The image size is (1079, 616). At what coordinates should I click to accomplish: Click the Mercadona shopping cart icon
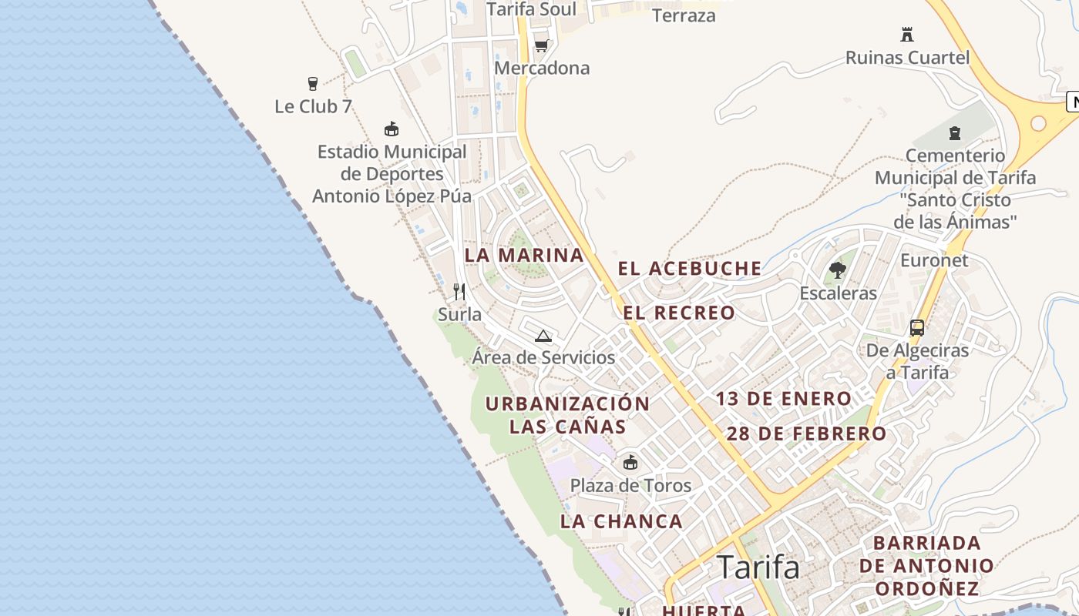[x=541, y=46]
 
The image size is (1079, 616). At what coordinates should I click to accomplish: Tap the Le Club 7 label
[x=313, y=106]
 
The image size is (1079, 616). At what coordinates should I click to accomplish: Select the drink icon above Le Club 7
[x=313, y=83]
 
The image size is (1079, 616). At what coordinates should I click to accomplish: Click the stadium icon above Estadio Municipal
[x=392, y=129]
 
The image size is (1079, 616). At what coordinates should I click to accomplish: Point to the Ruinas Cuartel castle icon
[x=907, y=35]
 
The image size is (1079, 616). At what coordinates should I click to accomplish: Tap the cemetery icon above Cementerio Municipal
[x=955, y=133]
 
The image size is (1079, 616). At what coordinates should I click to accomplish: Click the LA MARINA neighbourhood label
[x=524, y=255]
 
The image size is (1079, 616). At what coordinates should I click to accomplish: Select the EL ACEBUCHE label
[x=690, y=269]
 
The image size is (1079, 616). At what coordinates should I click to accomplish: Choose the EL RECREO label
[x=679, y=313]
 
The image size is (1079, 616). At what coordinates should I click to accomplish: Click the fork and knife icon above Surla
[x=459, y=291]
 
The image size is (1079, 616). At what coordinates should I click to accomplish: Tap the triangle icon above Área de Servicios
[x=543, y=336]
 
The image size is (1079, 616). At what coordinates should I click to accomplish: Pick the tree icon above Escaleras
[x=838, y=270]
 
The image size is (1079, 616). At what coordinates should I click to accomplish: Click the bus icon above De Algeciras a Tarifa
[x=917, y=328]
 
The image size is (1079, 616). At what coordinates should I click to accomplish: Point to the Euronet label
[x=934, y=260]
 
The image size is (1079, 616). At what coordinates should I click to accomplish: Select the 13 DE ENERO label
[x=783, y=399]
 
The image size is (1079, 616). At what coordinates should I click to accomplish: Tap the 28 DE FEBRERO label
[x=806, y=434]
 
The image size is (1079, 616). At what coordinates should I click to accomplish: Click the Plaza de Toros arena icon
[x=630, y=462]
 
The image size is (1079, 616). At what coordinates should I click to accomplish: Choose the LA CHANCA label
[x=621, y=521]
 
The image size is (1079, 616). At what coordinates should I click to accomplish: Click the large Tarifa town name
[x=758, y=567]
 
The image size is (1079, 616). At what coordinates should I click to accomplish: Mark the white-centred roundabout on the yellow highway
[x=1038, y=123]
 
